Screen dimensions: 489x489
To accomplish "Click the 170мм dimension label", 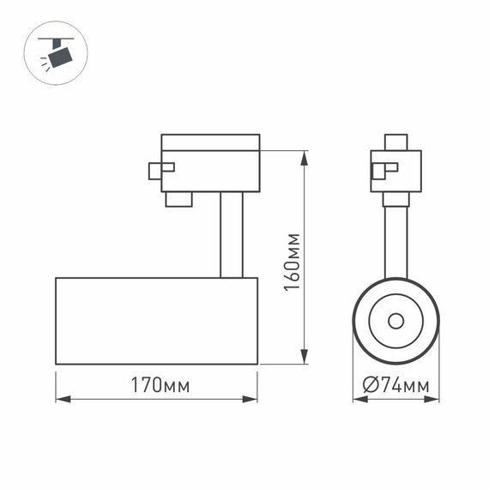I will (156, 385).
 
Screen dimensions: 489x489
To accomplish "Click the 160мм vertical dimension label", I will (293, 261).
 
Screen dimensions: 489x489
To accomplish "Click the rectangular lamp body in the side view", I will (156, 321).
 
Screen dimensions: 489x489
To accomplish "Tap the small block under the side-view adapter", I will (178, 199).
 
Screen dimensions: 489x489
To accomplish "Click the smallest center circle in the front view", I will (395, 321).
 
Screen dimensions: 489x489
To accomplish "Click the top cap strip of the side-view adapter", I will (210, 142).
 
